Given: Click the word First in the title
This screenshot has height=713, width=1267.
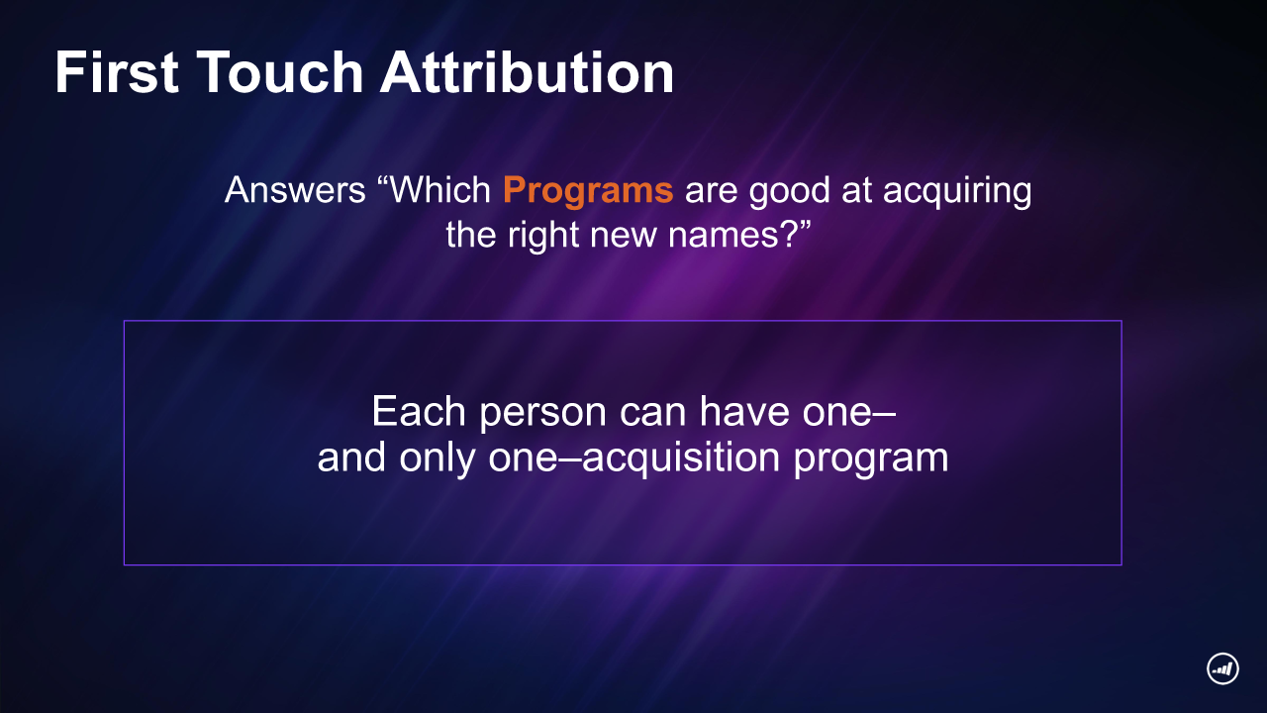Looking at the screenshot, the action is pos(117,72).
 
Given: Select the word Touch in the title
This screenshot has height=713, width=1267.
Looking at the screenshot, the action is pos(280,72).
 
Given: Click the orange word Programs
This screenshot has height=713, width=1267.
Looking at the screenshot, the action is pos(588,190).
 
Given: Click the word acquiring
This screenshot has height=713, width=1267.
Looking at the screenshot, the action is pos(956,191).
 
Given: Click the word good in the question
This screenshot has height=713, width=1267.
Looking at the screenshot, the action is pos(789,191).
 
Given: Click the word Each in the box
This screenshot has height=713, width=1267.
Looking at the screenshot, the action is pos(419,411).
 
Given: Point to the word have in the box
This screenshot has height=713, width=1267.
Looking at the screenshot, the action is pos(744,411).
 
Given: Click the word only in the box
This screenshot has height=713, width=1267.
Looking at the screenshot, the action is pos(437,458).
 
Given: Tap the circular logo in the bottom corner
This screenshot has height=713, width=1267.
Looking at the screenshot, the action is pos(1222,668).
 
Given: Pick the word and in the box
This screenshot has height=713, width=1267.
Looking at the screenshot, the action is pos(351,458).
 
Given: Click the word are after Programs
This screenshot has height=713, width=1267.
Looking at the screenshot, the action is pos(711,191).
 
